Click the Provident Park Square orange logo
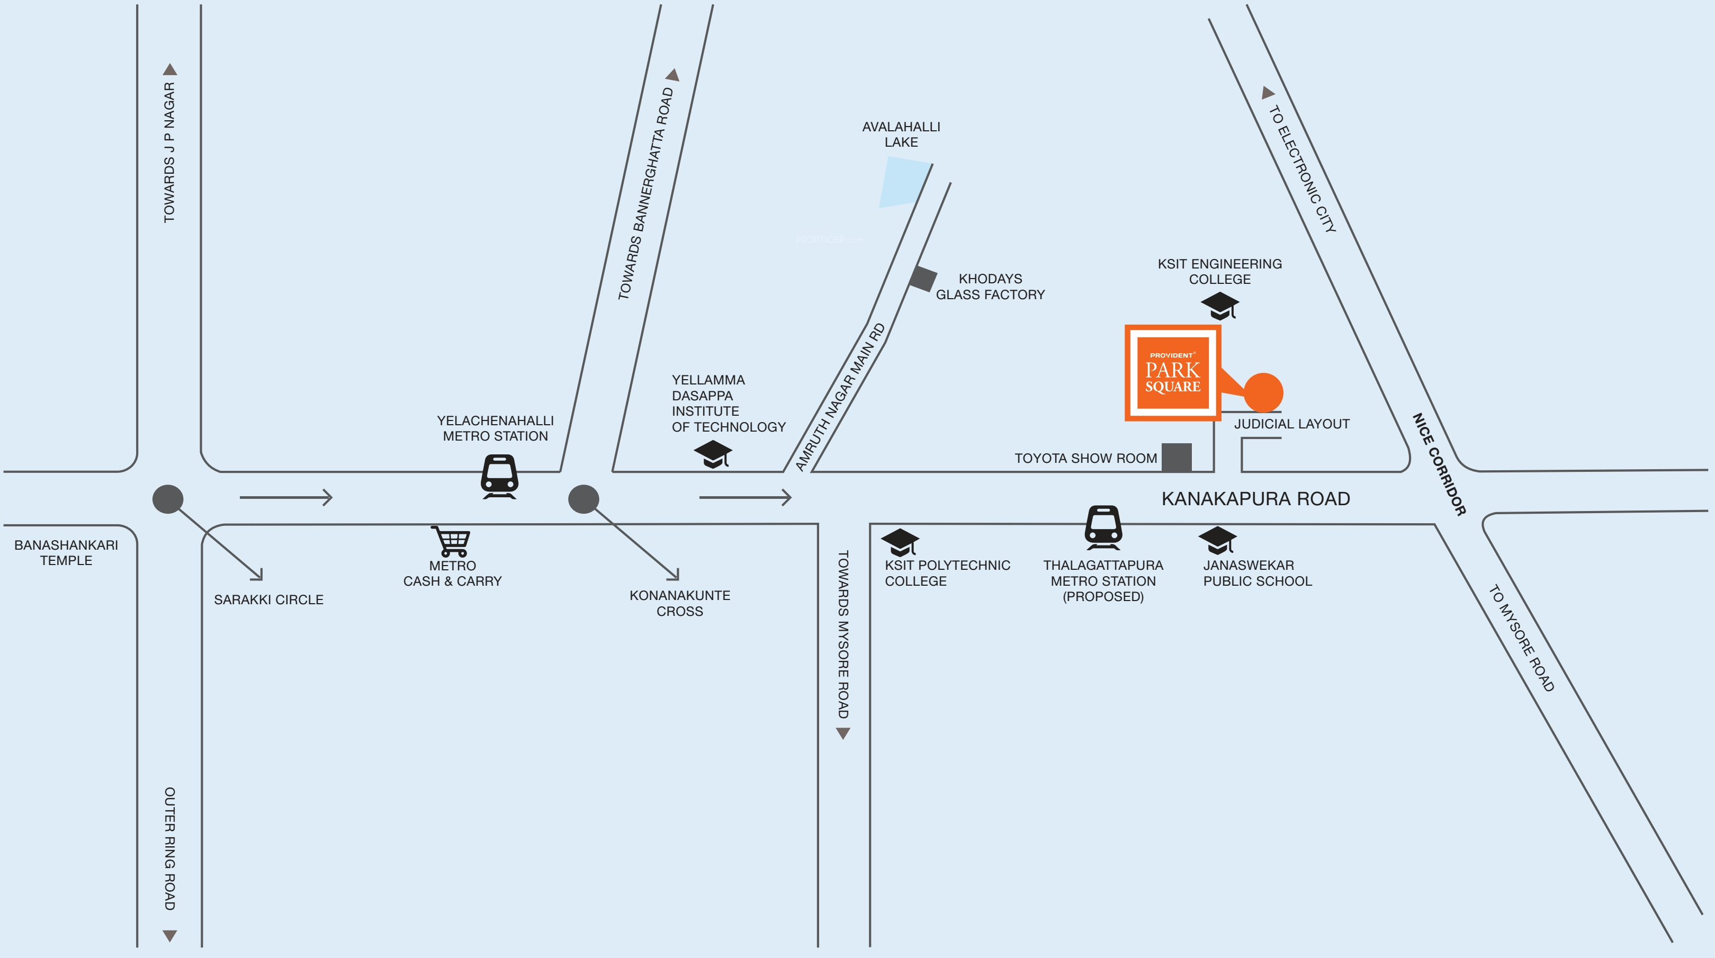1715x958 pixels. coord(1172,373)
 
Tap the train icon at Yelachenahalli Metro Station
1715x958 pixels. coord(499,476)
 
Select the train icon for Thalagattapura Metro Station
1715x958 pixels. coord(1103,527)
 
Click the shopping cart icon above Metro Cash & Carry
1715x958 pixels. coord(452,541)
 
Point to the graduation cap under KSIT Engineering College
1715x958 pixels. coord(1220,306)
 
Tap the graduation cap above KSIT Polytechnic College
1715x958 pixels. coord(900,542)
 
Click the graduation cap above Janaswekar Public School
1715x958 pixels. coord(1218,540)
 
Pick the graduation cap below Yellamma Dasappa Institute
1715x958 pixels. coord(712,454)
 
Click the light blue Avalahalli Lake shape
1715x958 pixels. coord(904,182)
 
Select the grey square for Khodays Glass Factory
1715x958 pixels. coord(923,278)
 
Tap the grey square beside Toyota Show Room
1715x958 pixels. coord(1177,458)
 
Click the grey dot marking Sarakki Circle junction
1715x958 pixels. coord(168,499)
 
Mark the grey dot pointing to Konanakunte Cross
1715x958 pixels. coord(583,499)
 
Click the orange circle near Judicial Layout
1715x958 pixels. coord(1263,393)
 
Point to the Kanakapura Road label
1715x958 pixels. coord(1255,499)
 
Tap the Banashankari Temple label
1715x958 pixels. coord(66,552)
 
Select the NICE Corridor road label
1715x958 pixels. coord(1439,464)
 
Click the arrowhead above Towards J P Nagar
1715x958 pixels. coord(170,69)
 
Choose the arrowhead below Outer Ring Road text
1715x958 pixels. coord(170,936)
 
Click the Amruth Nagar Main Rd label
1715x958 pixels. coord(840,398)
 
